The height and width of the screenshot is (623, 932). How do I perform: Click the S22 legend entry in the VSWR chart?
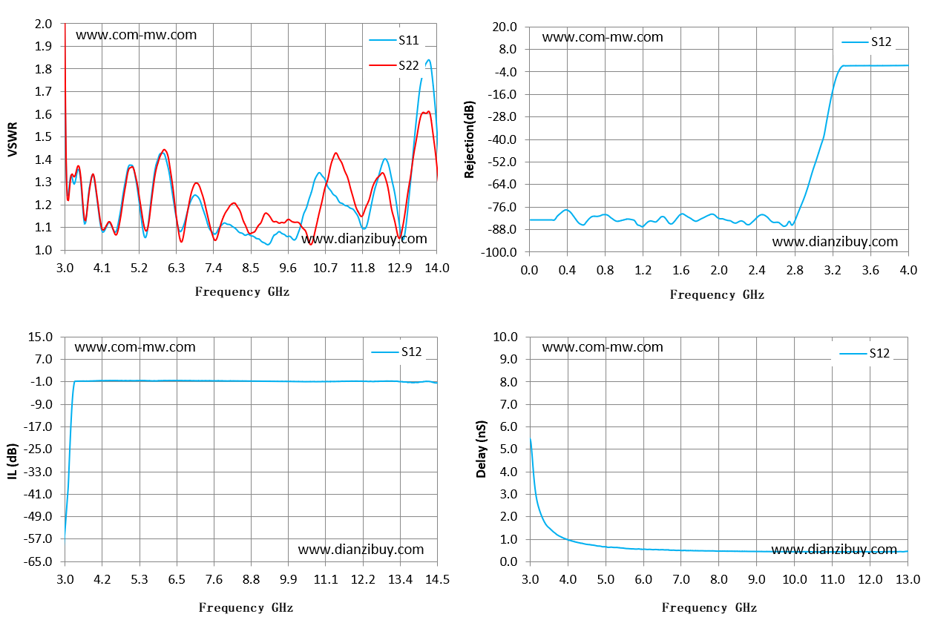(x=393, y=65)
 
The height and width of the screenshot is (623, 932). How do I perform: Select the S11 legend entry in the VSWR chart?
(x=393, y=40)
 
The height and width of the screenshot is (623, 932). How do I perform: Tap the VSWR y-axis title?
(x=13, y=139)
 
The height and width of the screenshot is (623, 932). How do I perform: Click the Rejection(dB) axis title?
(x=469, y=139)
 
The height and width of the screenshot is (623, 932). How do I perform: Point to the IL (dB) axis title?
(x=13, y=461)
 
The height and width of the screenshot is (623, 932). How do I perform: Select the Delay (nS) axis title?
(x=481, y=449)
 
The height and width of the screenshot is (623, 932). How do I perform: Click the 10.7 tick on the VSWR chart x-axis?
(x=325, y=268)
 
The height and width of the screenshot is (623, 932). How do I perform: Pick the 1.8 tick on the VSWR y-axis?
(x=43, y=69)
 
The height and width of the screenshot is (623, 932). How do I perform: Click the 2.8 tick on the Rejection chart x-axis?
(x=795, y=270)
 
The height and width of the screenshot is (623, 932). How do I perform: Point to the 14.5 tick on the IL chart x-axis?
(x=437, y=579)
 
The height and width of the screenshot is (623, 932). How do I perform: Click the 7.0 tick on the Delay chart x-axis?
(x=681, y=579)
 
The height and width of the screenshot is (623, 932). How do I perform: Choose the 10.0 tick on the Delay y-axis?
(x=505, y=337)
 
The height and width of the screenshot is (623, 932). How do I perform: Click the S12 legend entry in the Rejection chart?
(x=866, y=42)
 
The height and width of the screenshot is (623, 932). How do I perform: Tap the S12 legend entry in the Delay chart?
(x=864, y=353)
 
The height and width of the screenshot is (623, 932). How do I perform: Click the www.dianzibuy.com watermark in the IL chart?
(x=361, y=550)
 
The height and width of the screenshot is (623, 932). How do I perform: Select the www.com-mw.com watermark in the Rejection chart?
(x=603, y=37)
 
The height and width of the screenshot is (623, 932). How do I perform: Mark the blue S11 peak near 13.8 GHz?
(x=429, y=60)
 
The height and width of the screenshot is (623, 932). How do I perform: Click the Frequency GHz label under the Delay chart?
(x=709, y=607)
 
